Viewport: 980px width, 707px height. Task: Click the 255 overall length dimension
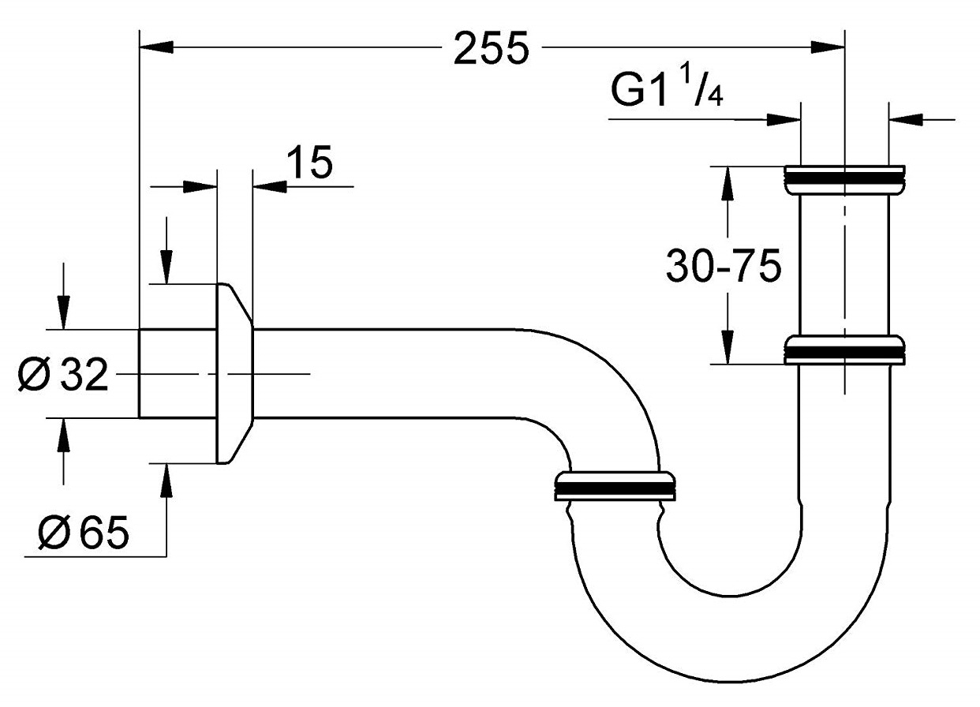pyautogui.click(x=492, y=49)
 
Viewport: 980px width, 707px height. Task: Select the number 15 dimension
pyautogui.click(x=310, y=162)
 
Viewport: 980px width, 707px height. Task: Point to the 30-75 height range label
pyautogui.click(x=724, y=266)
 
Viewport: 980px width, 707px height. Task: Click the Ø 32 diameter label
pyautogui.click(x=62, y=374)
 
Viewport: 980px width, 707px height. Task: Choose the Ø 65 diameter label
pyautogui.click(x=84, y=533)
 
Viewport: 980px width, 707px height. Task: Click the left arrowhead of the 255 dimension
pyautogui.click(x=156, y=47)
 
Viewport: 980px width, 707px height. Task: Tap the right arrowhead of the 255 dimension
pyautogui.click(x=827, y=47)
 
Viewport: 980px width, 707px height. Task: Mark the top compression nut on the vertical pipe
pyautogui.click(x=844, y=179)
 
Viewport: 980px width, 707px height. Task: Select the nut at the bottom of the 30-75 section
pyautogui.click(x=844, y=350)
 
